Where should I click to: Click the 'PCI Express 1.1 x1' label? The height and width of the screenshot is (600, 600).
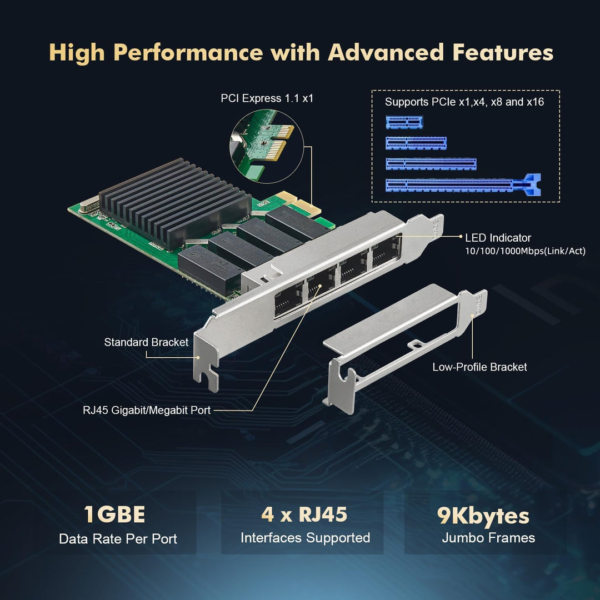tap(267, 98)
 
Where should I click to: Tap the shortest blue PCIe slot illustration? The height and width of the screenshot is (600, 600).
tap(404, 122)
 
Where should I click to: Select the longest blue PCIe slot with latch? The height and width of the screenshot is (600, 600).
tap(463, 184)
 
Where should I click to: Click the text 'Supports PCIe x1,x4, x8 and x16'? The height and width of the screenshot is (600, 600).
tap(464, 102)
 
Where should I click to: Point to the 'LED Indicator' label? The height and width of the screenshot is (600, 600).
tap(498, 238)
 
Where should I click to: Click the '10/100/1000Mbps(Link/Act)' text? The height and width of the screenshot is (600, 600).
tap(525, 252)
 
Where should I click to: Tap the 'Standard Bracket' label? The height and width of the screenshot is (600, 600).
tap(146, 342)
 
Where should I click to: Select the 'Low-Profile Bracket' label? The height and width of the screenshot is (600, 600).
tap(479, 367)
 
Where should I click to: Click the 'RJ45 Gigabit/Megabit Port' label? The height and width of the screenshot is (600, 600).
tap(147, 411)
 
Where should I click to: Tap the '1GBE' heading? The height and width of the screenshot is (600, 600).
tap(114, 515)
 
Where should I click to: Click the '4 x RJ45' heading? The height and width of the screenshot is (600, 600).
tap(304, 514)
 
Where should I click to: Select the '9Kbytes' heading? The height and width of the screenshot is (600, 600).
tap(483, 516)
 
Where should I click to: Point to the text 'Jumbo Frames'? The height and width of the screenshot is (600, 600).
tap(488, 538)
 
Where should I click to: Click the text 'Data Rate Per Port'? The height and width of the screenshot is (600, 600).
tap(118, 539)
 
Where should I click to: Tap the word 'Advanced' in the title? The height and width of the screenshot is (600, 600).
tap(386, 52)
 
